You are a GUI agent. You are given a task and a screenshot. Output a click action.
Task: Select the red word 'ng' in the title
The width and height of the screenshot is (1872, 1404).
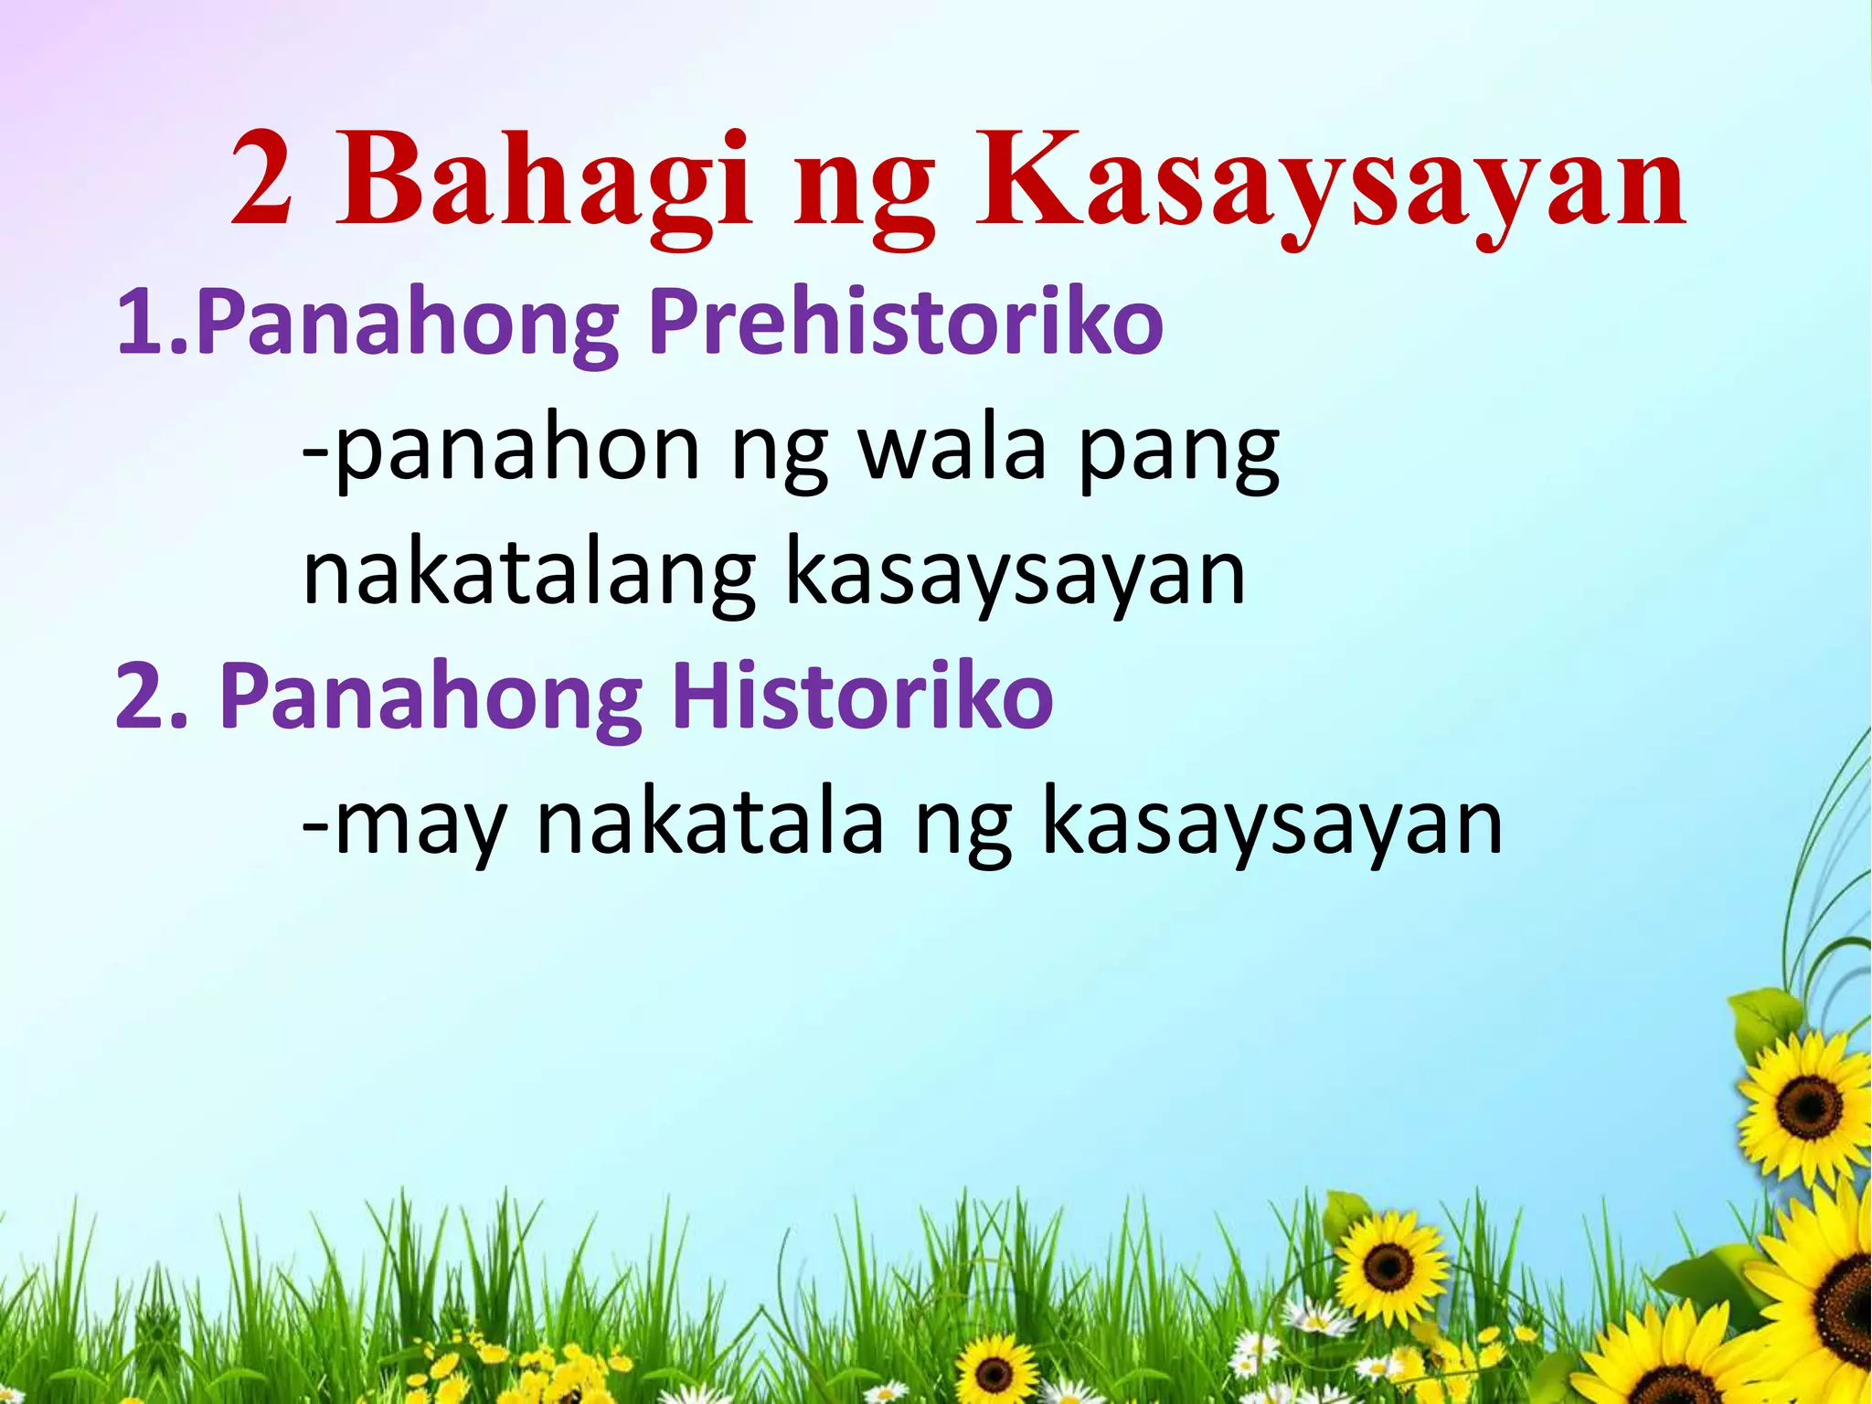click(x=865, y=192)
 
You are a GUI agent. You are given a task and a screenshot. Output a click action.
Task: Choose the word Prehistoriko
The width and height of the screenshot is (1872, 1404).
click(x=905, y=322)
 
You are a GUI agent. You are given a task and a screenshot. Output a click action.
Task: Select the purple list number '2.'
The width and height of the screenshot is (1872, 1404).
click(x=151, y=697)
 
